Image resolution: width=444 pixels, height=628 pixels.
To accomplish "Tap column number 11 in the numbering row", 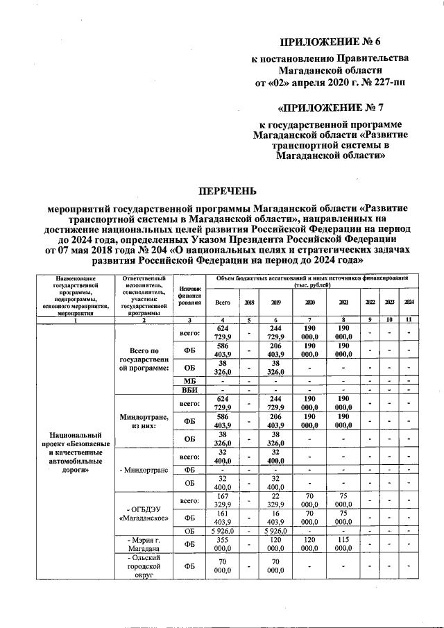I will point(409,319).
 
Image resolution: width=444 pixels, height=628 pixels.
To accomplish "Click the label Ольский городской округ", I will point(146,566).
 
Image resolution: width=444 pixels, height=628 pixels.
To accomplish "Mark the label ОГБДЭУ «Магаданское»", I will point(146,513).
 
